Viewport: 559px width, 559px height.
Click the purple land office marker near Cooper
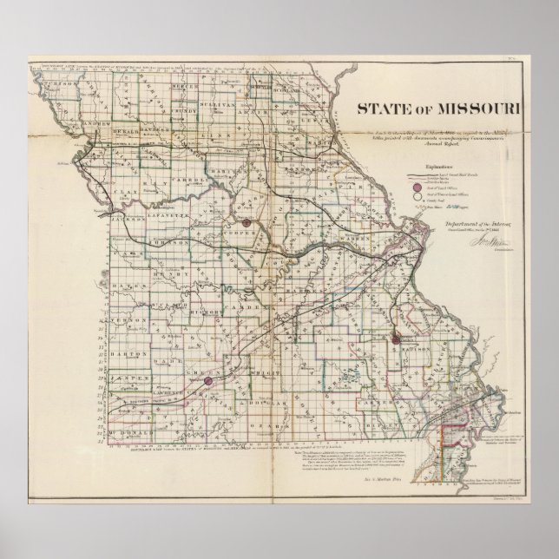point(247,223)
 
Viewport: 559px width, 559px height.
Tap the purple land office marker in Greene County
point(207,379)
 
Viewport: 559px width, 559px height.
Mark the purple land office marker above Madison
point(396,339)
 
